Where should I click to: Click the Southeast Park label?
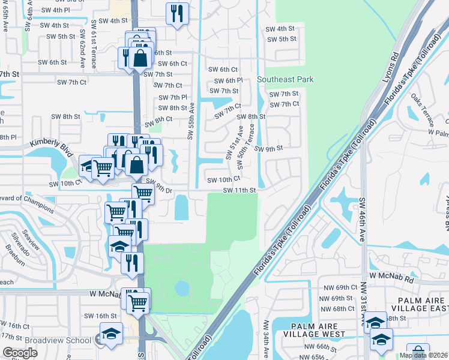(x=285, y=79)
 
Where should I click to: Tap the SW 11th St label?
(x=240, y=190)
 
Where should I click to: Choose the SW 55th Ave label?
(x=191, y=121)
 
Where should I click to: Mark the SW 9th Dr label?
(x=159, y=187)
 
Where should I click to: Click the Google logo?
(x=20, y=352)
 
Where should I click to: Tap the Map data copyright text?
(x=424, y=355)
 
